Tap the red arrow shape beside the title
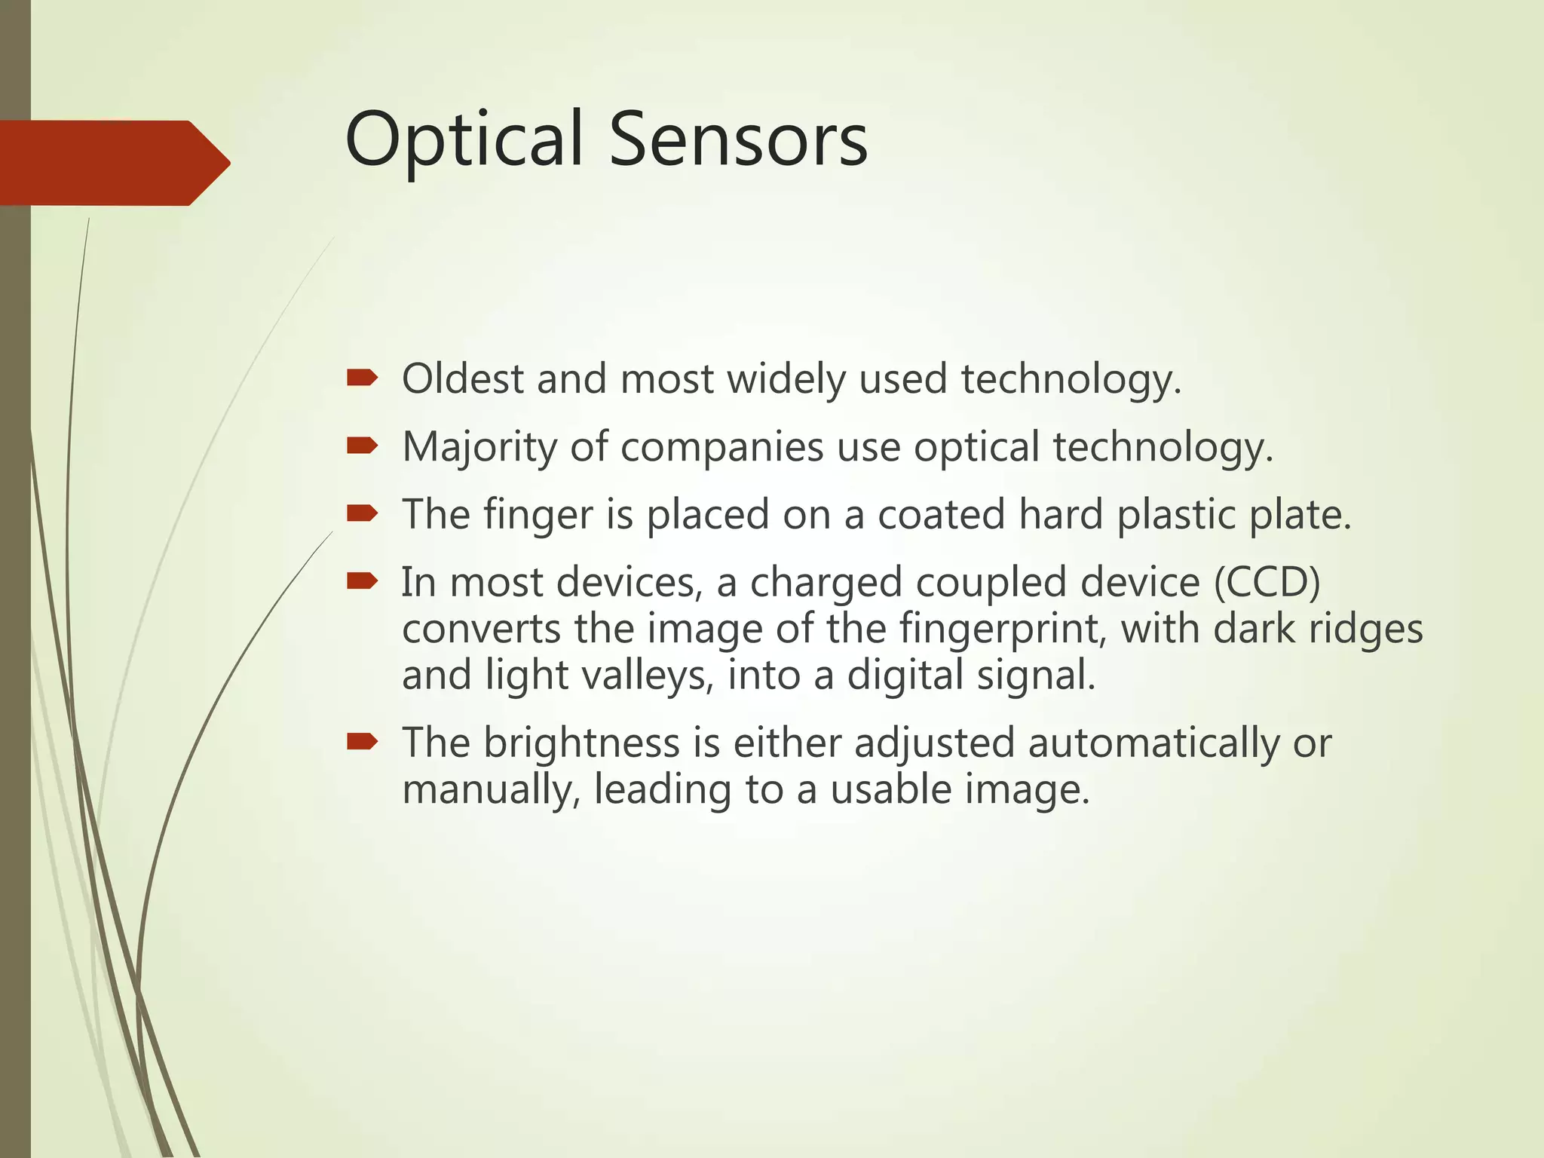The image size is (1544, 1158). pyautogui.click(x=113, y=163)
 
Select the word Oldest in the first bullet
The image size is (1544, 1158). pyautogui.click(x=462, y=378)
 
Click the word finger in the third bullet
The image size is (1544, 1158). pyautogui.click(x=538, y=516)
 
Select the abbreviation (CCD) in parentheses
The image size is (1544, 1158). pyautogui.click(x=1267, y=583)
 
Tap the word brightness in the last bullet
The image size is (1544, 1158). pyautogui.click(x=581, y=743)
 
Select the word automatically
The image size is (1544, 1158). pyautogui.click(x=1153, y=743)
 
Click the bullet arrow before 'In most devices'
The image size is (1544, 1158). pyautogui.click(x=362, y=581)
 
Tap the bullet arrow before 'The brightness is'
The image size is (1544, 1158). pyautogui.click(x=362, y=743)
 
